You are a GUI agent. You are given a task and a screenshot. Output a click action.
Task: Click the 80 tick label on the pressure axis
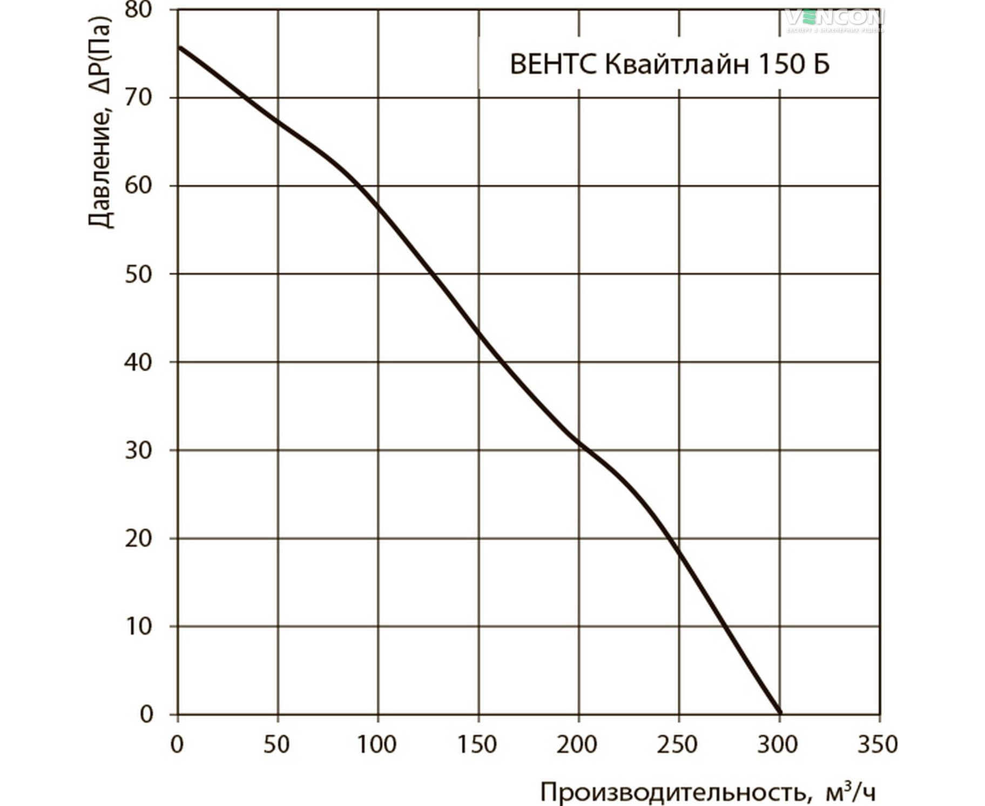(x=138, y=9)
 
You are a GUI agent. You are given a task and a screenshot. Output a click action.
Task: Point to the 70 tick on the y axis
(x=138, y=98)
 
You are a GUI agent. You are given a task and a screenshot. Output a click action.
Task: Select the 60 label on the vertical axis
(x=138, y=186)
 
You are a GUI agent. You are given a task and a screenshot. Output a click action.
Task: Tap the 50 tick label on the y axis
(x=138, y=274)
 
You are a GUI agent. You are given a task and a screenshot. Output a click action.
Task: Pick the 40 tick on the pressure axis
(x=138, y=362)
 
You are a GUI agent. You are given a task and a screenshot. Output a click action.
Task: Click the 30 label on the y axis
(x=138, y=450)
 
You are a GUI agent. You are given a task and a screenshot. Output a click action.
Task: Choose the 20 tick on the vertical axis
(x=138, y=538)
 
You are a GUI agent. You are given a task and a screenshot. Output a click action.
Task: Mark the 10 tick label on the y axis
(x=138, y=626)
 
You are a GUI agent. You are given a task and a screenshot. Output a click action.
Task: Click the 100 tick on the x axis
(x=377, y=745)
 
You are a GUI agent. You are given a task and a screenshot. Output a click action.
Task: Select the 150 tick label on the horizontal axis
(x=478, y=745)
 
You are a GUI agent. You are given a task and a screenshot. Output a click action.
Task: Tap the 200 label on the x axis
(x=578, y=745)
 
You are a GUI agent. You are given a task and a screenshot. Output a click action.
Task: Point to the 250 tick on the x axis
(x=678, y=745)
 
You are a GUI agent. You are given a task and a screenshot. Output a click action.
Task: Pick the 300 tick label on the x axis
(x=778, y=745)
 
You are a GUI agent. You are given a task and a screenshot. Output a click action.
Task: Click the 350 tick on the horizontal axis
(x=879, y=745)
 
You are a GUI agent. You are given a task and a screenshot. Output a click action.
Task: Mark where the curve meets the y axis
(x=179, y=47)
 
